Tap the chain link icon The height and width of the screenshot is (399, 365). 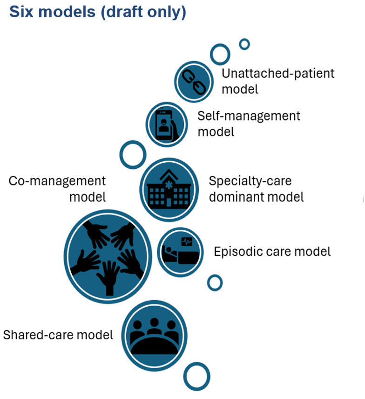(193, 81)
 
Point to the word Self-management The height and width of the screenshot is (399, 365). (249, 116)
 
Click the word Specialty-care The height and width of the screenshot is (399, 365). (250, 181)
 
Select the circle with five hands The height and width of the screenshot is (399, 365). (108, 256)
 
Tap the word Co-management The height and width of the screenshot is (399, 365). (57, 181)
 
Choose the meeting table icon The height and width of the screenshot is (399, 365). (154, 335)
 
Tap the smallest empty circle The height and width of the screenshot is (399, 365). (244, 44)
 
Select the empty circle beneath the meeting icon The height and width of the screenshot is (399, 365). (196, 376)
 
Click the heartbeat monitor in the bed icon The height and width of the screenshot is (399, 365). (187, 242)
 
